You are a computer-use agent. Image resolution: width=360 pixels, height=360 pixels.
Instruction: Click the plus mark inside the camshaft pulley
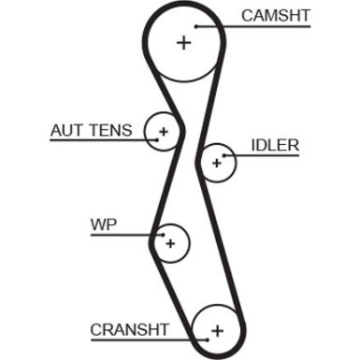tap(183, 43)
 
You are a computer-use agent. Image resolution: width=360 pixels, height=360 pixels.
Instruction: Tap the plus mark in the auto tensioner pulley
tap(164, 132)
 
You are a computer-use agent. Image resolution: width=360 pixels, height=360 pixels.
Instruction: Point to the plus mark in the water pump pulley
tap(169, 243)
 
